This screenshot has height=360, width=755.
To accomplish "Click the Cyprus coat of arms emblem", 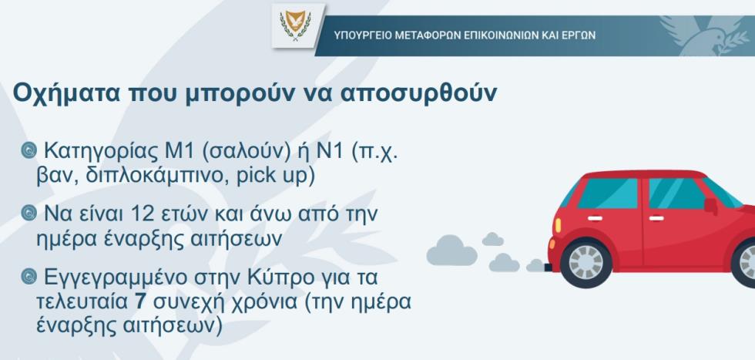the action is pos(295,25).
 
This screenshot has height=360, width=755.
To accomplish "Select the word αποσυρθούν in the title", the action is pos(418,93).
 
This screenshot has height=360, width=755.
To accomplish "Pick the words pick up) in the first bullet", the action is pos(276,177).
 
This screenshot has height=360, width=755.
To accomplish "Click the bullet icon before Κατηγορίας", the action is pos(29,151).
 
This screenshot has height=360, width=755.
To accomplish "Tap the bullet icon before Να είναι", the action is pos(29,214).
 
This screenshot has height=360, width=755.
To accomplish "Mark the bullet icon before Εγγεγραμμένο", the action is pos(29,277).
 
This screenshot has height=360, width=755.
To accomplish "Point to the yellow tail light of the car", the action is pos(558,225).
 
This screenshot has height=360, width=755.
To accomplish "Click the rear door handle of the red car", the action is pos(595,218).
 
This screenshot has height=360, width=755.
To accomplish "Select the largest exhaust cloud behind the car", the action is pos(451,251).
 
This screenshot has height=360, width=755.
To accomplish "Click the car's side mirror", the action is pos(710,205).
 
